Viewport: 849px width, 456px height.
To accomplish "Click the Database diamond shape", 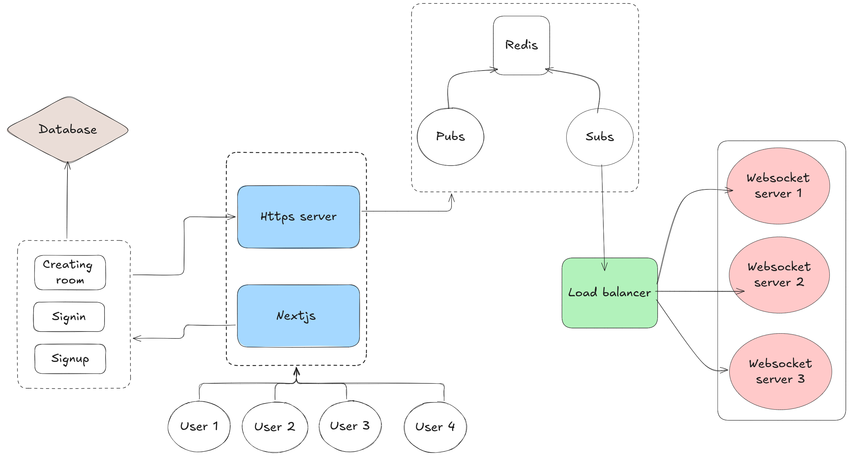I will point(68,129).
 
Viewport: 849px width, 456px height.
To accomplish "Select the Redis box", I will point(521,45).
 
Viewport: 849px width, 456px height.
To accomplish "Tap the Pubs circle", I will point(450,137).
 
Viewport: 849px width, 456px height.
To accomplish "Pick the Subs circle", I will point(600,137).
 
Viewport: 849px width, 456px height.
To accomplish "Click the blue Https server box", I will point(298,217).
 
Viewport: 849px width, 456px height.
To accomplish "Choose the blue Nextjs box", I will point(298,316).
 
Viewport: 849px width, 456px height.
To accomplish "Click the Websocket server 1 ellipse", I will point(778,186).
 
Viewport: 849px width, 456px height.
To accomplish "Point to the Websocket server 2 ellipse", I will point(779,275).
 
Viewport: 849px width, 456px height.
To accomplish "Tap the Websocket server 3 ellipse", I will point(780,371).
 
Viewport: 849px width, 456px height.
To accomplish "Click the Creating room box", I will point(70,272).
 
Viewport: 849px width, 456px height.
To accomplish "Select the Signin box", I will point(69,317).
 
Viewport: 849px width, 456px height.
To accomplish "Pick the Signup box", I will point(70,359).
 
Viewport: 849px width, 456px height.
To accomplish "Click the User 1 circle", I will point(199,426).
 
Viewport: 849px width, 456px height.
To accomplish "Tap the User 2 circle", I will point(275,427).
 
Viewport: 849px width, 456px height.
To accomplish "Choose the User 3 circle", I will point(350,426).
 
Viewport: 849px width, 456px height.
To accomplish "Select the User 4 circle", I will point(435,427).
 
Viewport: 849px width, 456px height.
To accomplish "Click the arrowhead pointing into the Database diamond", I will point(67,165).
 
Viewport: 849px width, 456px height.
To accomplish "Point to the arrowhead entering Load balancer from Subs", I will point(604,267).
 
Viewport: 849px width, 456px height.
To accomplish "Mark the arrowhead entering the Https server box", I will point(232,217).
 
